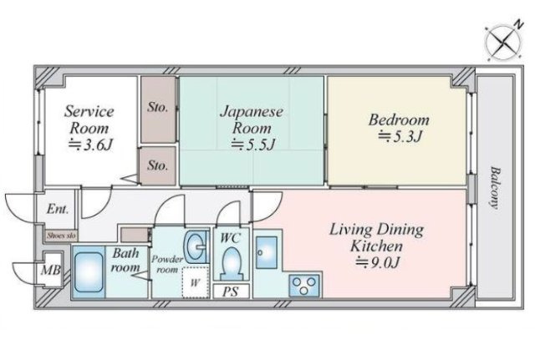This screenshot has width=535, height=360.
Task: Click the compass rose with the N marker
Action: (503, 43)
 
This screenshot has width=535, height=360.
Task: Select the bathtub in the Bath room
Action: (89, 272)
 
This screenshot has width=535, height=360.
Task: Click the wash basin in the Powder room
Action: (196, 246)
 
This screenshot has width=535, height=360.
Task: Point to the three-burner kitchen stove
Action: (304, 286)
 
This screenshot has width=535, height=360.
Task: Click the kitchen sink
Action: (267, 252)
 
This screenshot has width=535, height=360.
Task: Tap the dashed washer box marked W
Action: (195, 282)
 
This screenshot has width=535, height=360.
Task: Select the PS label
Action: (231, 292)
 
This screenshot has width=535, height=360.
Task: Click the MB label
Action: (51, 271)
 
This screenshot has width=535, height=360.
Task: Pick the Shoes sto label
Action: (61, 236)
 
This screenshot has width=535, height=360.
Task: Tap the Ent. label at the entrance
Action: (58, 209)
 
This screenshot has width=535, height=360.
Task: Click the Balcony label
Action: (494, 187)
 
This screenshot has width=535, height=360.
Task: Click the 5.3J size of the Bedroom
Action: (400, 137)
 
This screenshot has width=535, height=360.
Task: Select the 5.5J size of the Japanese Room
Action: (252, 145)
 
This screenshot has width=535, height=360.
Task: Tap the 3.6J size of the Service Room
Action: (90, 145)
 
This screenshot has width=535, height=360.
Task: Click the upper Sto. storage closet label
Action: (158, 108)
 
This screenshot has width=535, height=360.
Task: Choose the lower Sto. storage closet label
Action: (158, 165)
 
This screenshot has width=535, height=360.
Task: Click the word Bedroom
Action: (399, 120)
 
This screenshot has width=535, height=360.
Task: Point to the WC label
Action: (231, 237)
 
